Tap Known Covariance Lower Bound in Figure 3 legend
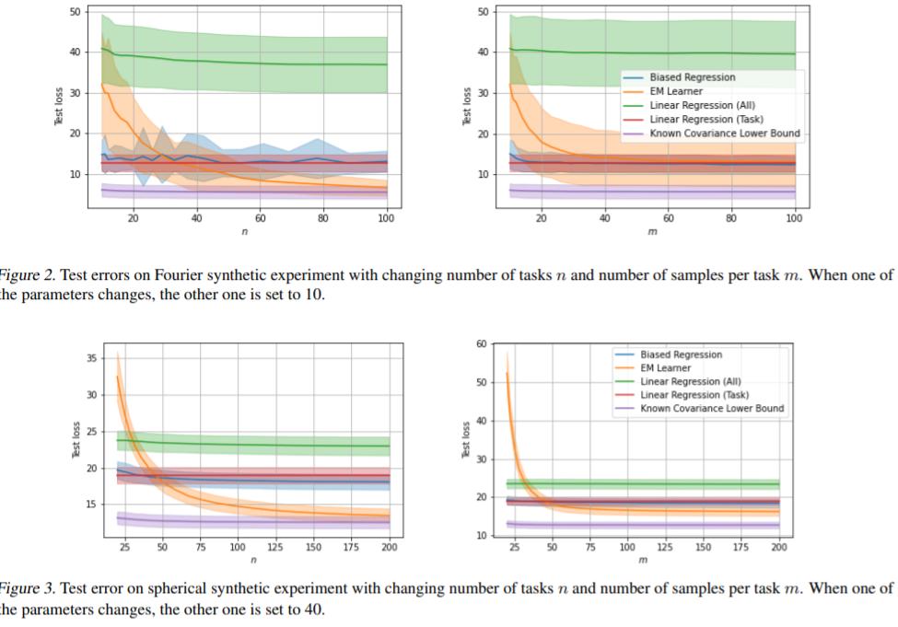(x=712, y=408)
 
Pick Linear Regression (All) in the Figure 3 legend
(x=690, y=381)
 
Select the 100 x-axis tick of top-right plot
(x=795, y=218)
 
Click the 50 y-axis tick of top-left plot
(x=73, y=11)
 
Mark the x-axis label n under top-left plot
(x=244, y=231)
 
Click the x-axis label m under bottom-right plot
(x=642, y=560)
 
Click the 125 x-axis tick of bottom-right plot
(x=665, y=547)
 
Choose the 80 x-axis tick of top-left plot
(x=323, y=218)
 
